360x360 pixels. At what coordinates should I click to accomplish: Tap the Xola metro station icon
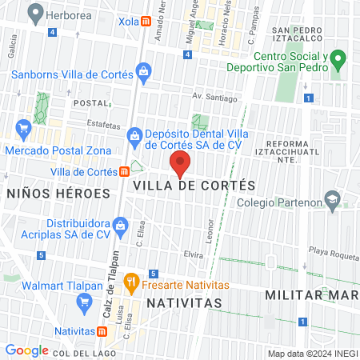coord(146,22)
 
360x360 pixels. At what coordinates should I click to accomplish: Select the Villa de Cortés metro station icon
coord(125,171)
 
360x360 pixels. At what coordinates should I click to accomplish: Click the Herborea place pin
coord(34,11)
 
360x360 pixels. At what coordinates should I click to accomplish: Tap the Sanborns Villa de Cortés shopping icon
coord(142,73)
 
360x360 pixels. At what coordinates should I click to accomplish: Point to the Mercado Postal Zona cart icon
coord(23,126)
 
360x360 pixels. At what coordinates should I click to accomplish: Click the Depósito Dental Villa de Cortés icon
coord(133,140)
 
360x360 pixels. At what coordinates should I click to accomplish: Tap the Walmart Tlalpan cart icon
coord(83,302)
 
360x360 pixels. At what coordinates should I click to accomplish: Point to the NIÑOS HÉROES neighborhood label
coord(58,194)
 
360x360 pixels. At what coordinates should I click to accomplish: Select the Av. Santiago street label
coord(214,98)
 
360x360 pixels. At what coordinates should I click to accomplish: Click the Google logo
coord(27,350)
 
